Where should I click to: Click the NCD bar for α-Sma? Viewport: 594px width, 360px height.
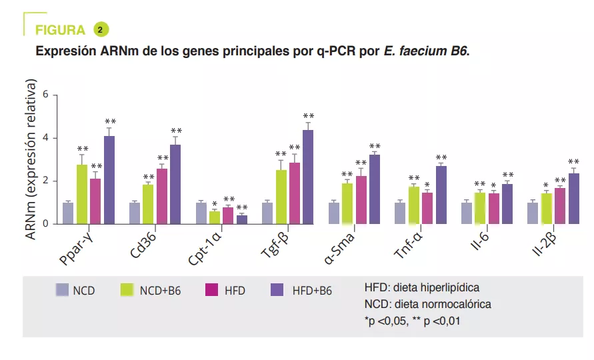335,213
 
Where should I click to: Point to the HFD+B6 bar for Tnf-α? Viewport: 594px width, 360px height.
441,195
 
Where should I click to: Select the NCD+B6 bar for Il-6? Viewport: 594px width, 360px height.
480,208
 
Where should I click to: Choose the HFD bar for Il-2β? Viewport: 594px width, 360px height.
559,206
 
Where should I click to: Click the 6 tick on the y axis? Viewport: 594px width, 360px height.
46,95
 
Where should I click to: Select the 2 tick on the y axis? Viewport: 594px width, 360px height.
46,181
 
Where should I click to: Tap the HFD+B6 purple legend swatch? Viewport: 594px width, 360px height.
277,289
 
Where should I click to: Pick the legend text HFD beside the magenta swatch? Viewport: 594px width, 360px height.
235,291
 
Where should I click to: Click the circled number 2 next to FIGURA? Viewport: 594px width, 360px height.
101,29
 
